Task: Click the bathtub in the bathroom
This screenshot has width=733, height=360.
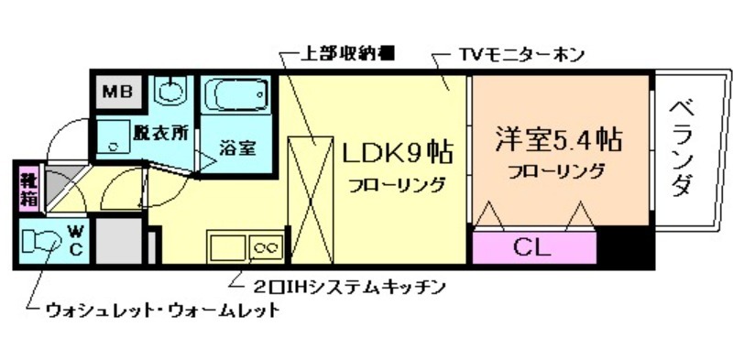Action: (x=235, y=94)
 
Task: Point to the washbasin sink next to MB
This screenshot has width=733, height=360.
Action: (x=170, y=91)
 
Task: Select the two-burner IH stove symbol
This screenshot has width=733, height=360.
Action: (x=267, y=247)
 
